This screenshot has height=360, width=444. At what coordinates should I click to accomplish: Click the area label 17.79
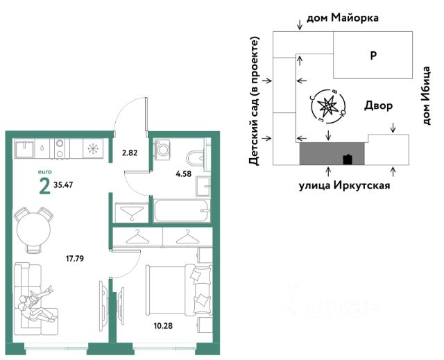[75, 259]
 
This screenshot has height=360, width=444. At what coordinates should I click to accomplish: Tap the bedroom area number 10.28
[163, 326]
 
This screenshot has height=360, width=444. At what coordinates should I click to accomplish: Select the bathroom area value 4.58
[183, 173]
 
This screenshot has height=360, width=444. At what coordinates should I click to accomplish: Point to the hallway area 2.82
[130, 153]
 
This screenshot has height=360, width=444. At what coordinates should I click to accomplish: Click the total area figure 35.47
[63, 185]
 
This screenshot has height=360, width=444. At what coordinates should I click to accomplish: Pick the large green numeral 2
[44, 187]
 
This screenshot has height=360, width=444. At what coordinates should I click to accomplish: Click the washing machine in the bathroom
[163, 150]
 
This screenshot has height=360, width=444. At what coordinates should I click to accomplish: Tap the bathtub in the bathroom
[182, 211]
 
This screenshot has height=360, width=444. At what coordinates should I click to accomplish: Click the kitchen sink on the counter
[24, 148]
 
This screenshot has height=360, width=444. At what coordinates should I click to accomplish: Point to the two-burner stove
[60, 148]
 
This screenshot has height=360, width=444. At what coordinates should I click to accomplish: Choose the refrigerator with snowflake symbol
[93, 148]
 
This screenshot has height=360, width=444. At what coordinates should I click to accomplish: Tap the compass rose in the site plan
[328, 106]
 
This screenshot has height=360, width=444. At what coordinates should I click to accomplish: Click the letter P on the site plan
[373, 55]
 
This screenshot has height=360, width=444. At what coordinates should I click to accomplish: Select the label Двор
[378, 105]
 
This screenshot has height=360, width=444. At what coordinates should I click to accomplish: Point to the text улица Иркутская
[345, 185]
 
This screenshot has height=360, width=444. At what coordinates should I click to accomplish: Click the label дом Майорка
[343, 18]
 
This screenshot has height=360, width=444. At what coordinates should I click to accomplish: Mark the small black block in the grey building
[348, 160]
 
